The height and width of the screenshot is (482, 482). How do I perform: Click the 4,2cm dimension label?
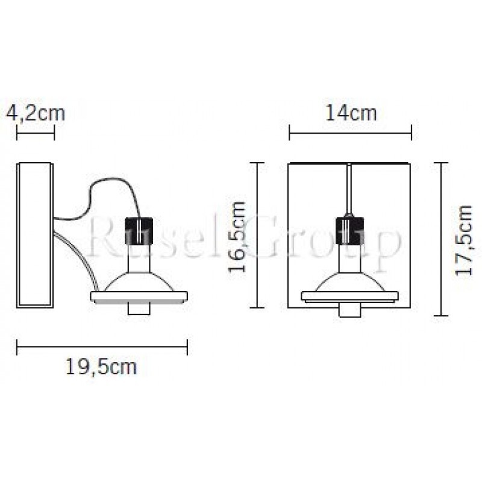tap(35, 113)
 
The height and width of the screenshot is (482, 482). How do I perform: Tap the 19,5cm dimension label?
tap(101, 366)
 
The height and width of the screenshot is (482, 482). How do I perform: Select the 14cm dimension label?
tap(351, 113)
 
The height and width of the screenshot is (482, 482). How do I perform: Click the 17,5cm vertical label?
tap(464, 240)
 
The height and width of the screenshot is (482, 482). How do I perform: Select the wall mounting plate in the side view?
tap(34, 235)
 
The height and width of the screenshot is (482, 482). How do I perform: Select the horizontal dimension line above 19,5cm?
tap(102, 345)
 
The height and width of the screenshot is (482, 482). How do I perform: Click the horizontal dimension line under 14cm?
tap(350, 132)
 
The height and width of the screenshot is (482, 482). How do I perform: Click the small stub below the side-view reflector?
tap(139, 308)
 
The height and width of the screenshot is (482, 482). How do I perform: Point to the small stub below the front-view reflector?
tap(350, 310)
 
